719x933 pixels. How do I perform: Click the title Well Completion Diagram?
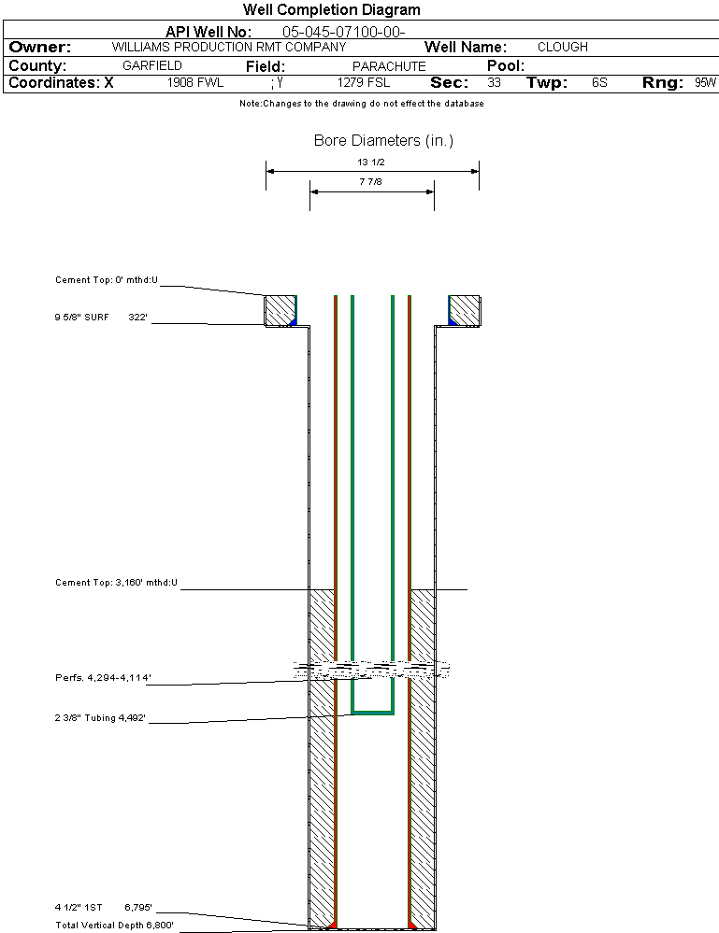[331, 10]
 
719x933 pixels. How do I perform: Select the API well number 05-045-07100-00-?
[343, 32]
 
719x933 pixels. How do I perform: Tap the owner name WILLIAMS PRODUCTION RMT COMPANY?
[228, 47]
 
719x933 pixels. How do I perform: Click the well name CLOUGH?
[563, 47]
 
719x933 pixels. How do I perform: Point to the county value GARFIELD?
[152, 66]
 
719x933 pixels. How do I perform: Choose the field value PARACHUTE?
[389, 66]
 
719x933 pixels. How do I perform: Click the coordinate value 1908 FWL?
[195, 83]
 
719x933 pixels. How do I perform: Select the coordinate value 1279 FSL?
[364, 83]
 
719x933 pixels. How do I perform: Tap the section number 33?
[494, 83]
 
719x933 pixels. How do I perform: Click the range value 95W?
[705, 83]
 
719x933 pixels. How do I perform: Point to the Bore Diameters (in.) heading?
[383, 141]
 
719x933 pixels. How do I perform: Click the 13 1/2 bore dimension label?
[371, 162]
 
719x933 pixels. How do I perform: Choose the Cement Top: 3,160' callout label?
[116, 583]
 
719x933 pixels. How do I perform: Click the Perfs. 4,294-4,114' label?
[102, 677]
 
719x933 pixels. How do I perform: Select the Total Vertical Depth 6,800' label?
[114, 925]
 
